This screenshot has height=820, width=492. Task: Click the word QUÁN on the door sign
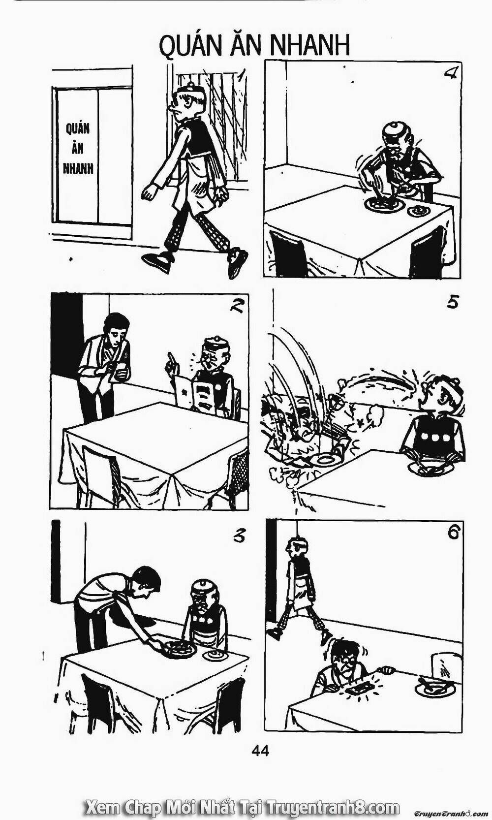pyautogui.click(x=78, y=129)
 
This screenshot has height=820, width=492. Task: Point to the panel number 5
pyautogui.click(x=452, y=302)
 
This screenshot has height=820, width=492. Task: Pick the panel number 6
pyautogui.click(x=453, y=533)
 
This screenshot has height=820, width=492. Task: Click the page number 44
pyautogui.click(x=260, y=751)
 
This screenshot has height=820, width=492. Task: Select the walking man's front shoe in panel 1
pyautogui.click(x=156, y=261)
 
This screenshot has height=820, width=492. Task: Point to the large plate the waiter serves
pyautogui.click(x=181, y=649)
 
